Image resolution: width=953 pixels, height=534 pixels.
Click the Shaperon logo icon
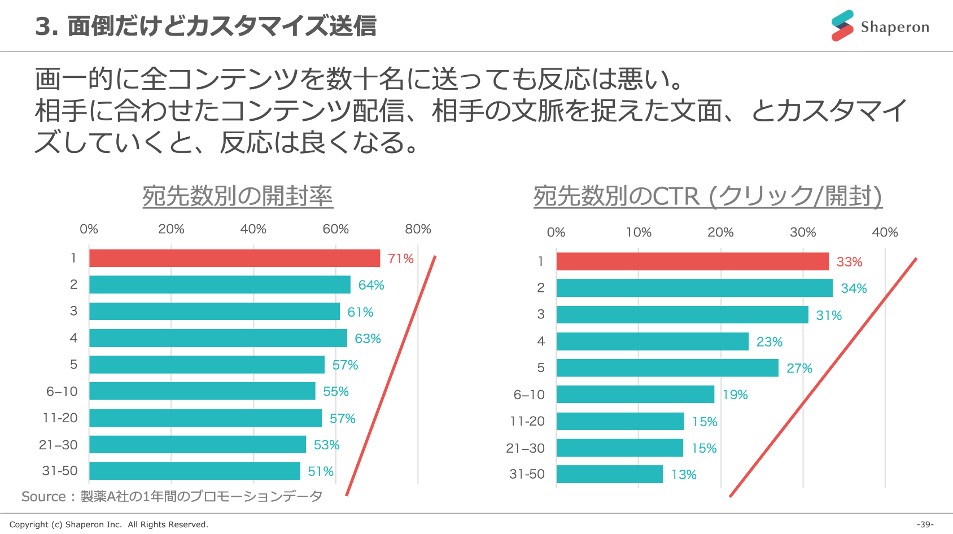(842, 26)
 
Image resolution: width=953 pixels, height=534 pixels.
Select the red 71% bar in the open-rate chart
(234, 259)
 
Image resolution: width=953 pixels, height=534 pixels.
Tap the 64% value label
(371, 285)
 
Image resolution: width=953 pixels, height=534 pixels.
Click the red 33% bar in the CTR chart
(692, 262)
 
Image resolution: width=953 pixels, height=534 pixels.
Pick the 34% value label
(854, 288)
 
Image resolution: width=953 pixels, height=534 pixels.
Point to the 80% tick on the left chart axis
(418, 229)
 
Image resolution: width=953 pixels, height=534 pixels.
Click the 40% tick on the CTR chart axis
(885, 233)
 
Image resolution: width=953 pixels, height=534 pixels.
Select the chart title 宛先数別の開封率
(238, 196)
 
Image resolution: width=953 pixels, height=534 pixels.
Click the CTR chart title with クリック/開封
(707, 196)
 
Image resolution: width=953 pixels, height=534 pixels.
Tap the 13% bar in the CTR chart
(609, 475)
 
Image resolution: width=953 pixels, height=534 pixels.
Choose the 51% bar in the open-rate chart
(195, 471)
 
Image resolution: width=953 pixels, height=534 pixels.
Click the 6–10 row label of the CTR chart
(529, 395)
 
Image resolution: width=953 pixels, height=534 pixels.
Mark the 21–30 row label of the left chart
(58, 445)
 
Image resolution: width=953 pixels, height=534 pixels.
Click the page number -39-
(925, 524)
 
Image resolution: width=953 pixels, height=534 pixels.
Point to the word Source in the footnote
(43, 497)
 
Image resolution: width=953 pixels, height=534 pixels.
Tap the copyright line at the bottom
(108, 524)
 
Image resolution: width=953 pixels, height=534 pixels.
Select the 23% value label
(769, 342)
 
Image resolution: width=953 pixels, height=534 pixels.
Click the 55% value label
(335, 392)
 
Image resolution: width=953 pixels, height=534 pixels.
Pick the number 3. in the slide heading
(46, 27)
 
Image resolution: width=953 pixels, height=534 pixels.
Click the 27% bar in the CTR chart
(667, 368)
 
